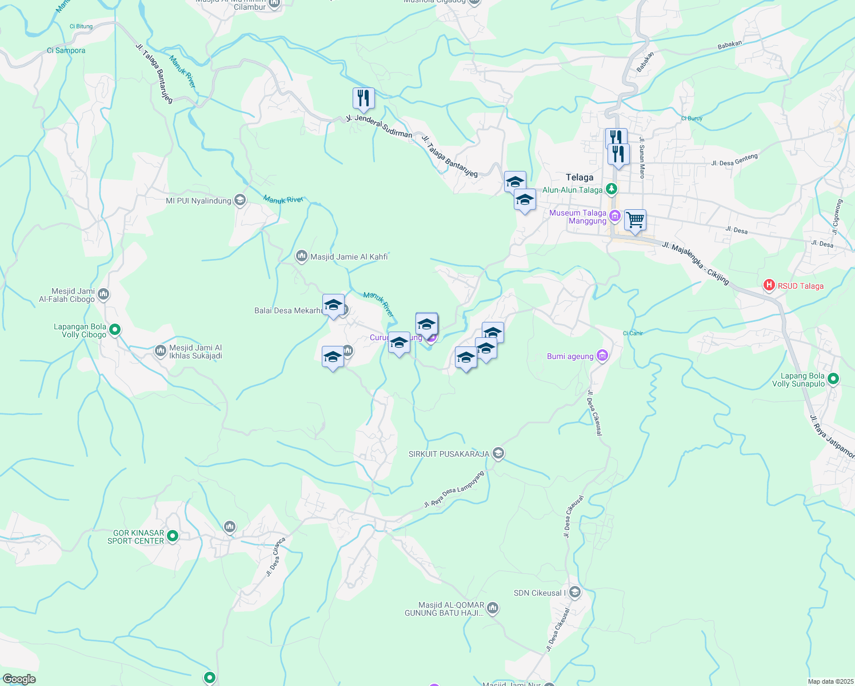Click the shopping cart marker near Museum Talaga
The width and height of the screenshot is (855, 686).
click(x=635, y=220)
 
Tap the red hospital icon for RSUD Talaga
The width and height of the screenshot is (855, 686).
click(x=769, y=285)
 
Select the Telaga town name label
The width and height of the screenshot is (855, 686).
click(x=579, y=177)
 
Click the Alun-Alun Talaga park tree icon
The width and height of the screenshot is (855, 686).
click(x=612, y=189)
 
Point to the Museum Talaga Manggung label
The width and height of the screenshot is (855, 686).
click(x=577, y=217)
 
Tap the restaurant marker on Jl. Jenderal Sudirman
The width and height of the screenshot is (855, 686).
click(x=363, y=99)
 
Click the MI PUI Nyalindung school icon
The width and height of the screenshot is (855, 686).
click(x=240, y=200)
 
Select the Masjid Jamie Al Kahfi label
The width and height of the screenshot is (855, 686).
click(x=349, y=257)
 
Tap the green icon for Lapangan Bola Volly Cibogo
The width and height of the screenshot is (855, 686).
click(x=115, y=329)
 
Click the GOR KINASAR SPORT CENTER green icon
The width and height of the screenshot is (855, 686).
click(x=173, y=536)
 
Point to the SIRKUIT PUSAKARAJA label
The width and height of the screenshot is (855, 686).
click(x=449, y=454)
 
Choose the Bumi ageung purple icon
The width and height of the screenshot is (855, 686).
click(x=602, y=356)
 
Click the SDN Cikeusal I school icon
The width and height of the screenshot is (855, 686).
click(x=575, y=592)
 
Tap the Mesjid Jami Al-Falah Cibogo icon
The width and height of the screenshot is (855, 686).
click(x=103, y=294)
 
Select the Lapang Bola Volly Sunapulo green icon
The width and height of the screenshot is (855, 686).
click(x=833, y=378)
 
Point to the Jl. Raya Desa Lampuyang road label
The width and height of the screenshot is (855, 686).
click(x=454, y=489)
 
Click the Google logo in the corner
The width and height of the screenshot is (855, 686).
click(x=19, y=679)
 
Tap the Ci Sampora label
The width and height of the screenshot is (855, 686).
click(x=66, y=50)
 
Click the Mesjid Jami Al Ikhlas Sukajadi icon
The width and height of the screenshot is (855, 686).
click(x=161, y=350)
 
